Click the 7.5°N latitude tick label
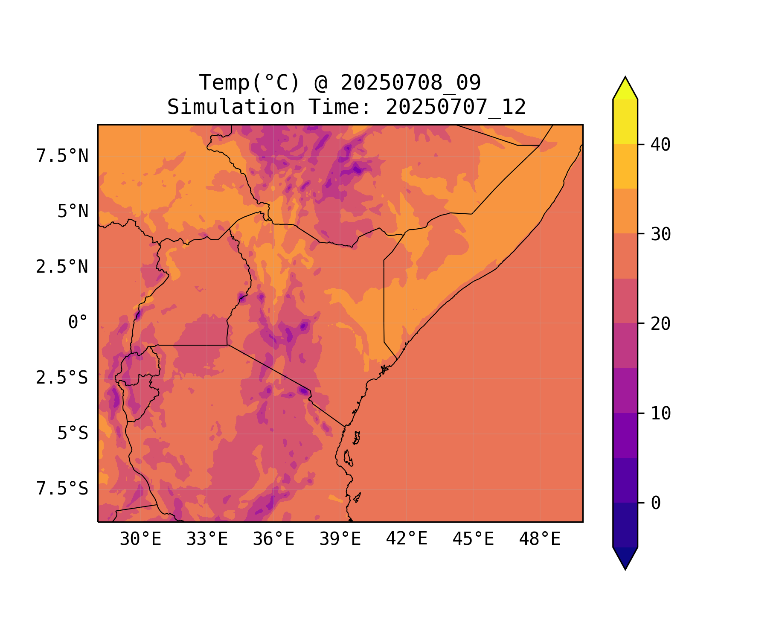[62, 156]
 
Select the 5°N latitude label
[73, 211]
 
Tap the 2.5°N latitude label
[62, 267]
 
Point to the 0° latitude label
[78, 322]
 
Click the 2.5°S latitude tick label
[62, 378]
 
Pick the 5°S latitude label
[73, 433]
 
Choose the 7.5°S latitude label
[62, 489]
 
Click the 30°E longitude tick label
[140, 539]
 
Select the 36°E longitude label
[273, 539]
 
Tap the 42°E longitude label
[407, 539]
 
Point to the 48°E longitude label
[540, 539]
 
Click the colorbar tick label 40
[660, 145]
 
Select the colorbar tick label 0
[656, 503]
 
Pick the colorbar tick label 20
[660, 324]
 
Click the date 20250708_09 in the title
[410, 82]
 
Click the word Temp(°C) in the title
[250, 82]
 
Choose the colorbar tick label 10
[660, 413]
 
